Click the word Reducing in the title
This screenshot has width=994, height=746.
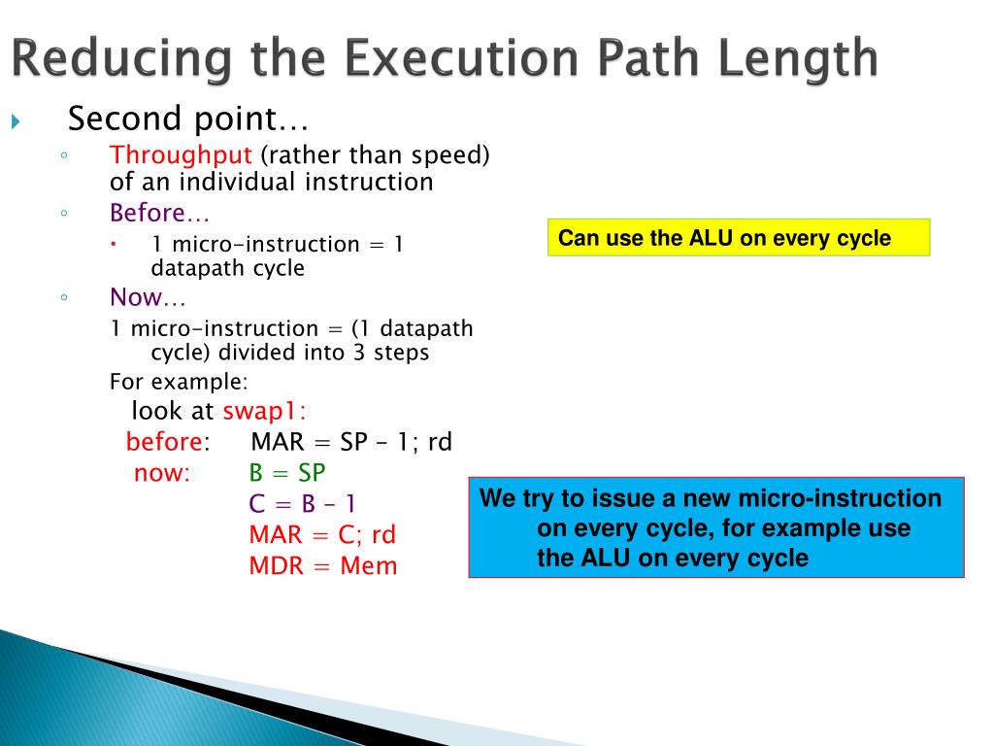pos(122,60)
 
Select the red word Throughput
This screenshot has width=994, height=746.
pos(181,155)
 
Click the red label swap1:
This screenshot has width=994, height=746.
pos(264,411)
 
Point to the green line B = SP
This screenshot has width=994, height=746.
pos(287,473)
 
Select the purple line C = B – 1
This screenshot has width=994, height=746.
pos(302,503)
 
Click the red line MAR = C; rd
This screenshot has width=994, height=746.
pos(322,534)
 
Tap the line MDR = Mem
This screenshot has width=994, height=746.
pos(323,565)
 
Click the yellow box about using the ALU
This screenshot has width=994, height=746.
pos(738,238)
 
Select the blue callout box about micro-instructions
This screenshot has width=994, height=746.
pos(715,527)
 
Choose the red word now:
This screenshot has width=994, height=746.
pos(162,473)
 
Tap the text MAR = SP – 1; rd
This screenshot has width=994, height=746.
pos(351,442)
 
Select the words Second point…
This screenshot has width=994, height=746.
pos(187,119)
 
